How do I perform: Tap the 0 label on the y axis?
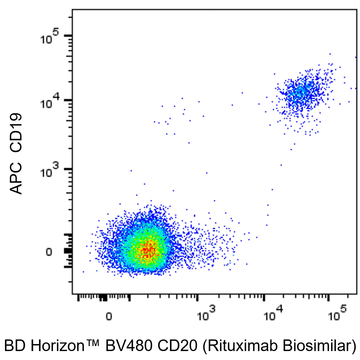pos(49,252)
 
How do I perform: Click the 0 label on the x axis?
pos(108,317)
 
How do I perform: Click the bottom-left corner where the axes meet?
pos(73,294)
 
